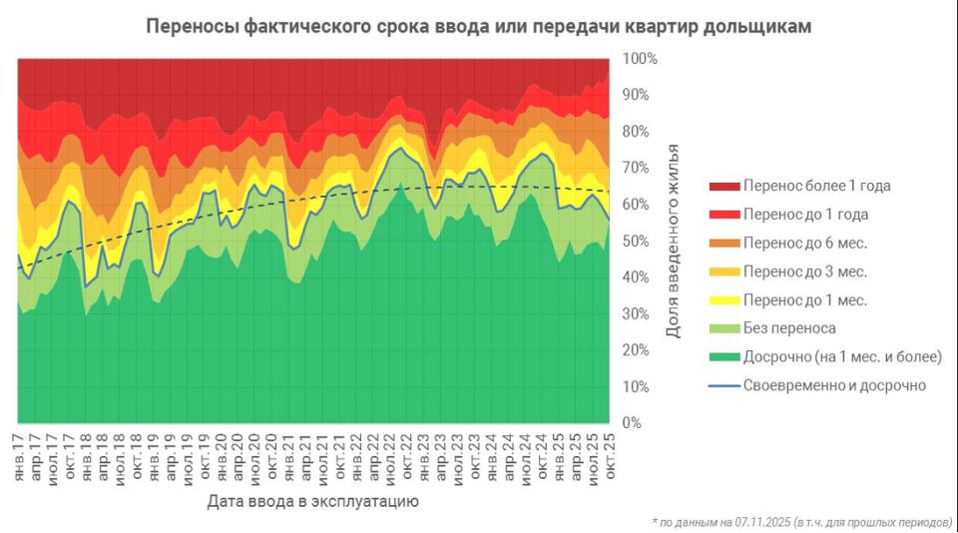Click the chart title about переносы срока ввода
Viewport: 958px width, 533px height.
(x=478, y=27)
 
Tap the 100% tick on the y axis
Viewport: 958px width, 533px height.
(x=640, y=59)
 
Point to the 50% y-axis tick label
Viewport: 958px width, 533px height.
(x=637, y=242)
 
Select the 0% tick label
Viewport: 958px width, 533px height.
(x=633, y=423)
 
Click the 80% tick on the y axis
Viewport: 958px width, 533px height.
(x=637, y=132)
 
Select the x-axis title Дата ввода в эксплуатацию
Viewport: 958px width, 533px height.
(x=312, y=501)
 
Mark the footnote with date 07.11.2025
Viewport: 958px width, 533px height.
(x=802, y=522)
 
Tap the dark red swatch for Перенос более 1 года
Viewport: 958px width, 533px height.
(x=723, y=186)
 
